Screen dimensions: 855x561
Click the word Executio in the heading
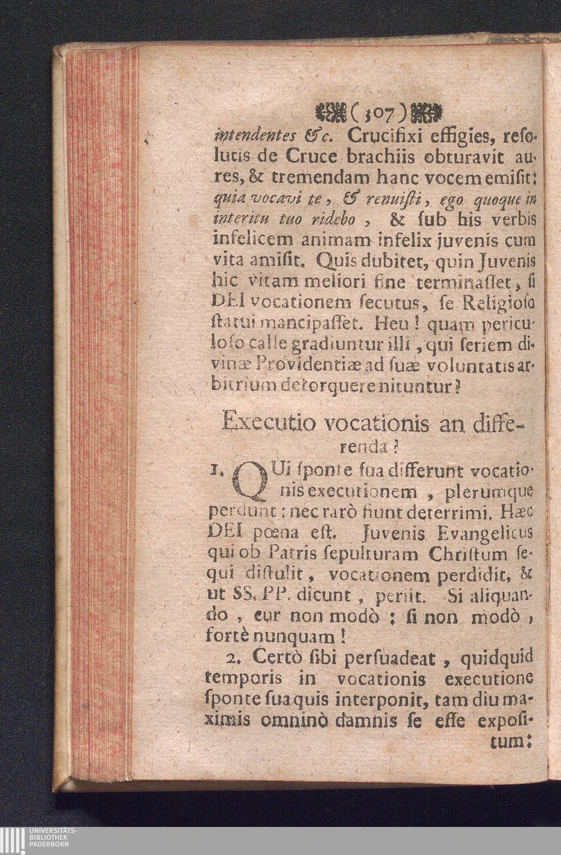coord(262,420)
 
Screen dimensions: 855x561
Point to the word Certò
coord(278,657)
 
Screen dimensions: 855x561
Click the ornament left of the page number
coord(332,115)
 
